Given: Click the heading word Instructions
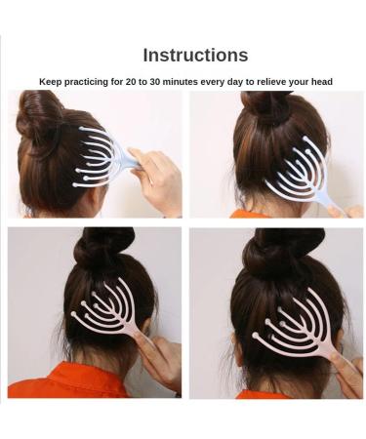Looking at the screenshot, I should tap(195, 56).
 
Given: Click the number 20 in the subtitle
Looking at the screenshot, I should tap(132, 82).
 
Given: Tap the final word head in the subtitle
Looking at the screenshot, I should tap(322, 82).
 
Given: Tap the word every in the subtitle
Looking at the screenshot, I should tap(226, 82).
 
